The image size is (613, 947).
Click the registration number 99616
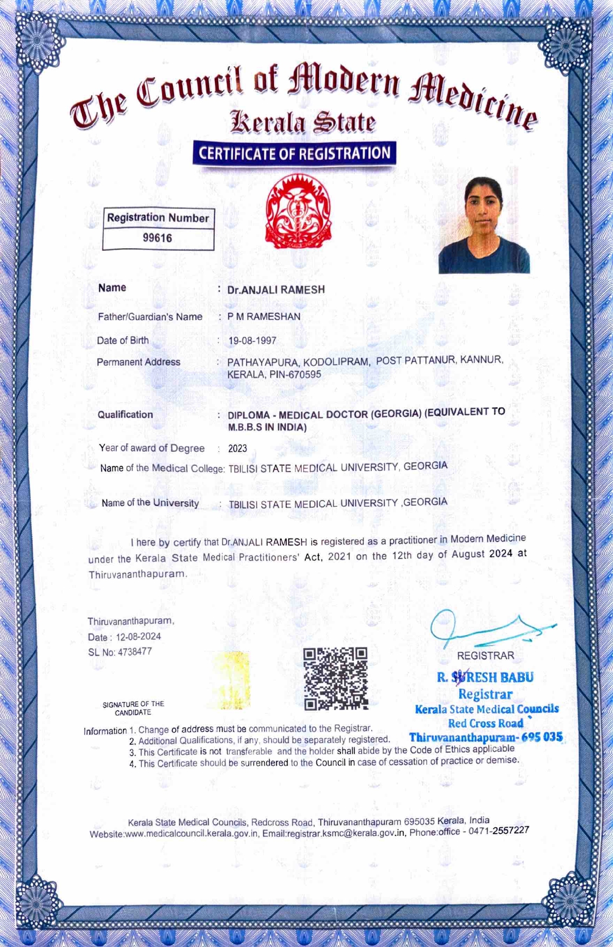pos(158,238)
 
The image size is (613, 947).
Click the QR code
pos(335,678)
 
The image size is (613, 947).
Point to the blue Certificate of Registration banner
pos(294,153)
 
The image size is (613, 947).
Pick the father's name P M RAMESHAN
pos(264,317)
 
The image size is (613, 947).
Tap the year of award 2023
pos(237,448)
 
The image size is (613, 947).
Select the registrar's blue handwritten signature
pos(488,629)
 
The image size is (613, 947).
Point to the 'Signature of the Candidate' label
pos(133,708)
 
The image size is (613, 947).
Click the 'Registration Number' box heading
pos(158,218)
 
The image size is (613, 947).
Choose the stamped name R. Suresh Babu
pos(485,677)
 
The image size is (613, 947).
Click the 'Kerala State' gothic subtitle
pos(303,122)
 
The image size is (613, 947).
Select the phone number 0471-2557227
pos(499,830)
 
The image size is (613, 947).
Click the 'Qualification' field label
pos(125,414)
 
